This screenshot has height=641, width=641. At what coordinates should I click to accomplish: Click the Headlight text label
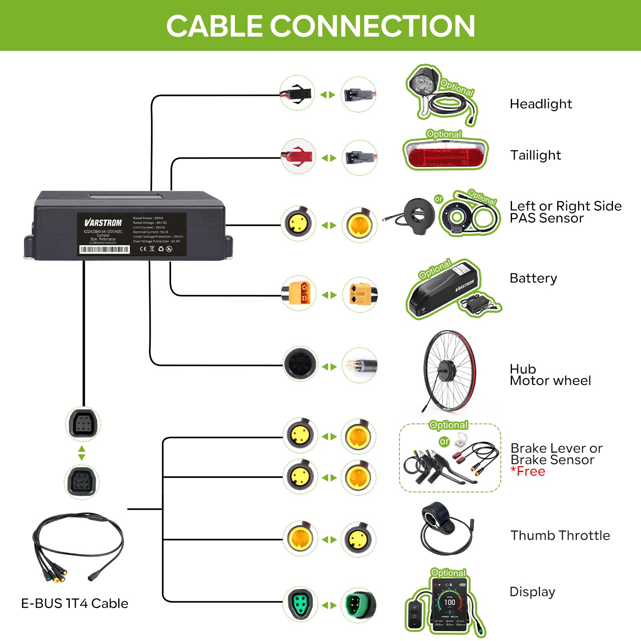coord(540,104)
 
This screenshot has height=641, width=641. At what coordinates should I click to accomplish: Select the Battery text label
coord(533,278)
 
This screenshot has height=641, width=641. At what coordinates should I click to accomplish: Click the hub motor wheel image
coord(449,371)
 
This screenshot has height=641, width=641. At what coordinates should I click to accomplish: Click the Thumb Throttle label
coord(560,536)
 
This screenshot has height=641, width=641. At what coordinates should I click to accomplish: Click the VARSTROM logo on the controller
coord(103,223)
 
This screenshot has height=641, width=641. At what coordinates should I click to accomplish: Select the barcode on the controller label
coord(105,250)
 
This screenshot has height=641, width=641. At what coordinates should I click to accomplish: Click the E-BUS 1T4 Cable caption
coord(75,604)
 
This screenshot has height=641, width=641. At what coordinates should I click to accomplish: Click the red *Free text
coord(528,472)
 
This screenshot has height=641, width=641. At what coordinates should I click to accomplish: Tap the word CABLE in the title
coord(214,26)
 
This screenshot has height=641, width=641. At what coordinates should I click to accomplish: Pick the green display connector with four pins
coord(359,605)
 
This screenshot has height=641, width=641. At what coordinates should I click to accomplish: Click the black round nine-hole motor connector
coord(300,364)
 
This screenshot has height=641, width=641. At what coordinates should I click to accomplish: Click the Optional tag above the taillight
coord(444,134)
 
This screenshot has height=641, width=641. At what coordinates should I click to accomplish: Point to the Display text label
coord(532,592)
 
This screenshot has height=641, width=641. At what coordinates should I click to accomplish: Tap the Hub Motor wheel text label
coord(550,375)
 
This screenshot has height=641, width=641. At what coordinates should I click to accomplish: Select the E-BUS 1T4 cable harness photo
coord(76,545)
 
